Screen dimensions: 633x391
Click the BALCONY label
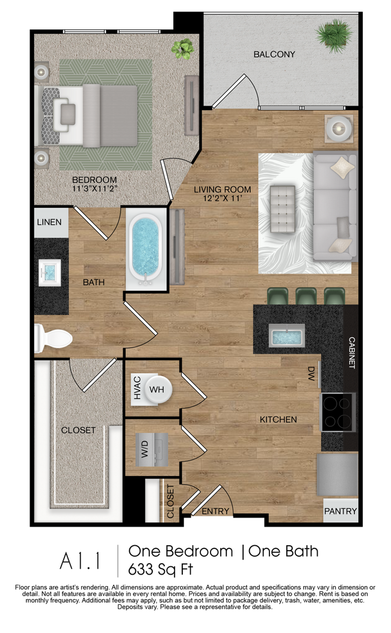pyautogui.click(x=274, y=54)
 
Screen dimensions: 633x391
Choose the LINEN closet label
pyautogui.click(x=49, y=222)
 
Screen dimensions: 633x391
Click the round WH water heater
pyautogui.click(x=157, y=389)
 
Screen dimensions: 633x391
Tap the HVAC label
pyautogui.click(x=137, y=389)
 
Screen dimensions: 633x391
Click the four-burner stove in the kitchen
pyautogui.click(x=338, y=412)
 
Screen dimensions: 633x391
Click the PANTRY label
pyautogui.click(x=340, y=512)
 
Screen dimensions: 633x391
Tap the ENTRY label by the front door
pyautogui.click(x=215, y=512)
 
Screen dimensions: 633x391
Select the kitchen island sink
pyautogui.click(x=286, y=335)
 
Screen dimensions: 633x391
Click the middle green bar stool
pyautogui.click(x=306, y=296)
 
